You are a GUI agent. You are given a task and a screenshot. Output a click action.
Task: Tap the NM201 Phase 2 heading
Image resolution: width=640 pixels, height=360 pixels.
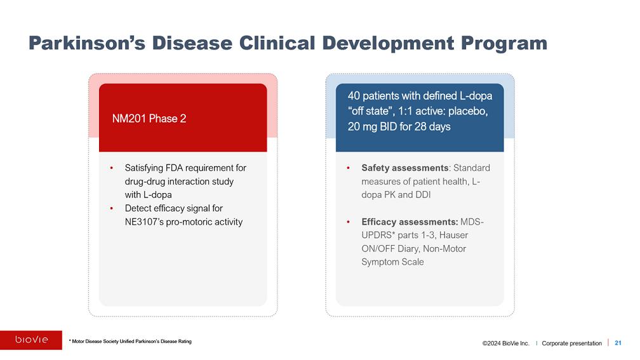coord(149,119)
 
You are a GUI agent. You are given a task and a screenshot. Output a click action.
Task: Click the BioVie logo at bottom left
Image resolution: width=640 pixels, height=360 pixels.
coord(31,340)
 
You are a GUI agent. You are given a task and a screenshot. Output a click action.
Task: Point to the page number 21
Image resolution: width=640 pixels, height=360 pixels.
coord(618,343)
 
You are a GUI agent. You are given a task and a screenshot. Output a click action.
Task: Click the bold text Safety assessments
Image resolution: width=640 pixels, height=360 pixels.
coord(405,168)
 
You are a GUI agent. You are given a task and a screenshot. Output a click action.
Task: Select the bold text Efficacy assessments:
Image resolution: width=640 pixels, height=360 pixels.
coord(410,222)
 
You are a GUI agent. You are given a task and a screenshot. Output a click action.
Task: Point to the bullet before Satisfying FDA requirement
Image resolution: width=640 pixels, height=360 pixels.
coord(111,168)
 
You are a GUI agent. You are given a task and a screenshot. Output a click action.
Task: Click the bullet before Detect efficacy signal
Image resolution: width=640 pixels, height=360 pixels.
coord(111,208)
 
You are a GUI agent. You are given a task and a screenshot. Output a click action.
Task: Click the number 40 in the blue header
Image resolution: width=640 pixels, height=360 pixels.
coord(354,97)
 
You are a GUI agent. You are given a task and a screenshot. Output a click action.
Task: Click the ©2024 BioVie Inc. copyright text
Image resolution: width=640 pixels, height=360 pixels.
coord(505,343)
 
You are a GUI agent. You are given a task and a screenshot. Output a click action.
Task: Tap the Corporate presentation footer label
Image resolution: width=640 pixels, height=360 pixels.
coord(571,343)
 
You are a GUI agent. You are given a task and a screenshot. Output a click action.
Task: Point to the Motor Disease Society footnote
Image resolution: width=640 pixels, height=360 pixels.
coord(130,342)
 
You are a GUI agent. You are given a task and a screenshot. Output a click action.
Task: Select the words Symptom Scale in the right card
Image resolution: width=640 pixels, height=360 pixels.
coord(392,262)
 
